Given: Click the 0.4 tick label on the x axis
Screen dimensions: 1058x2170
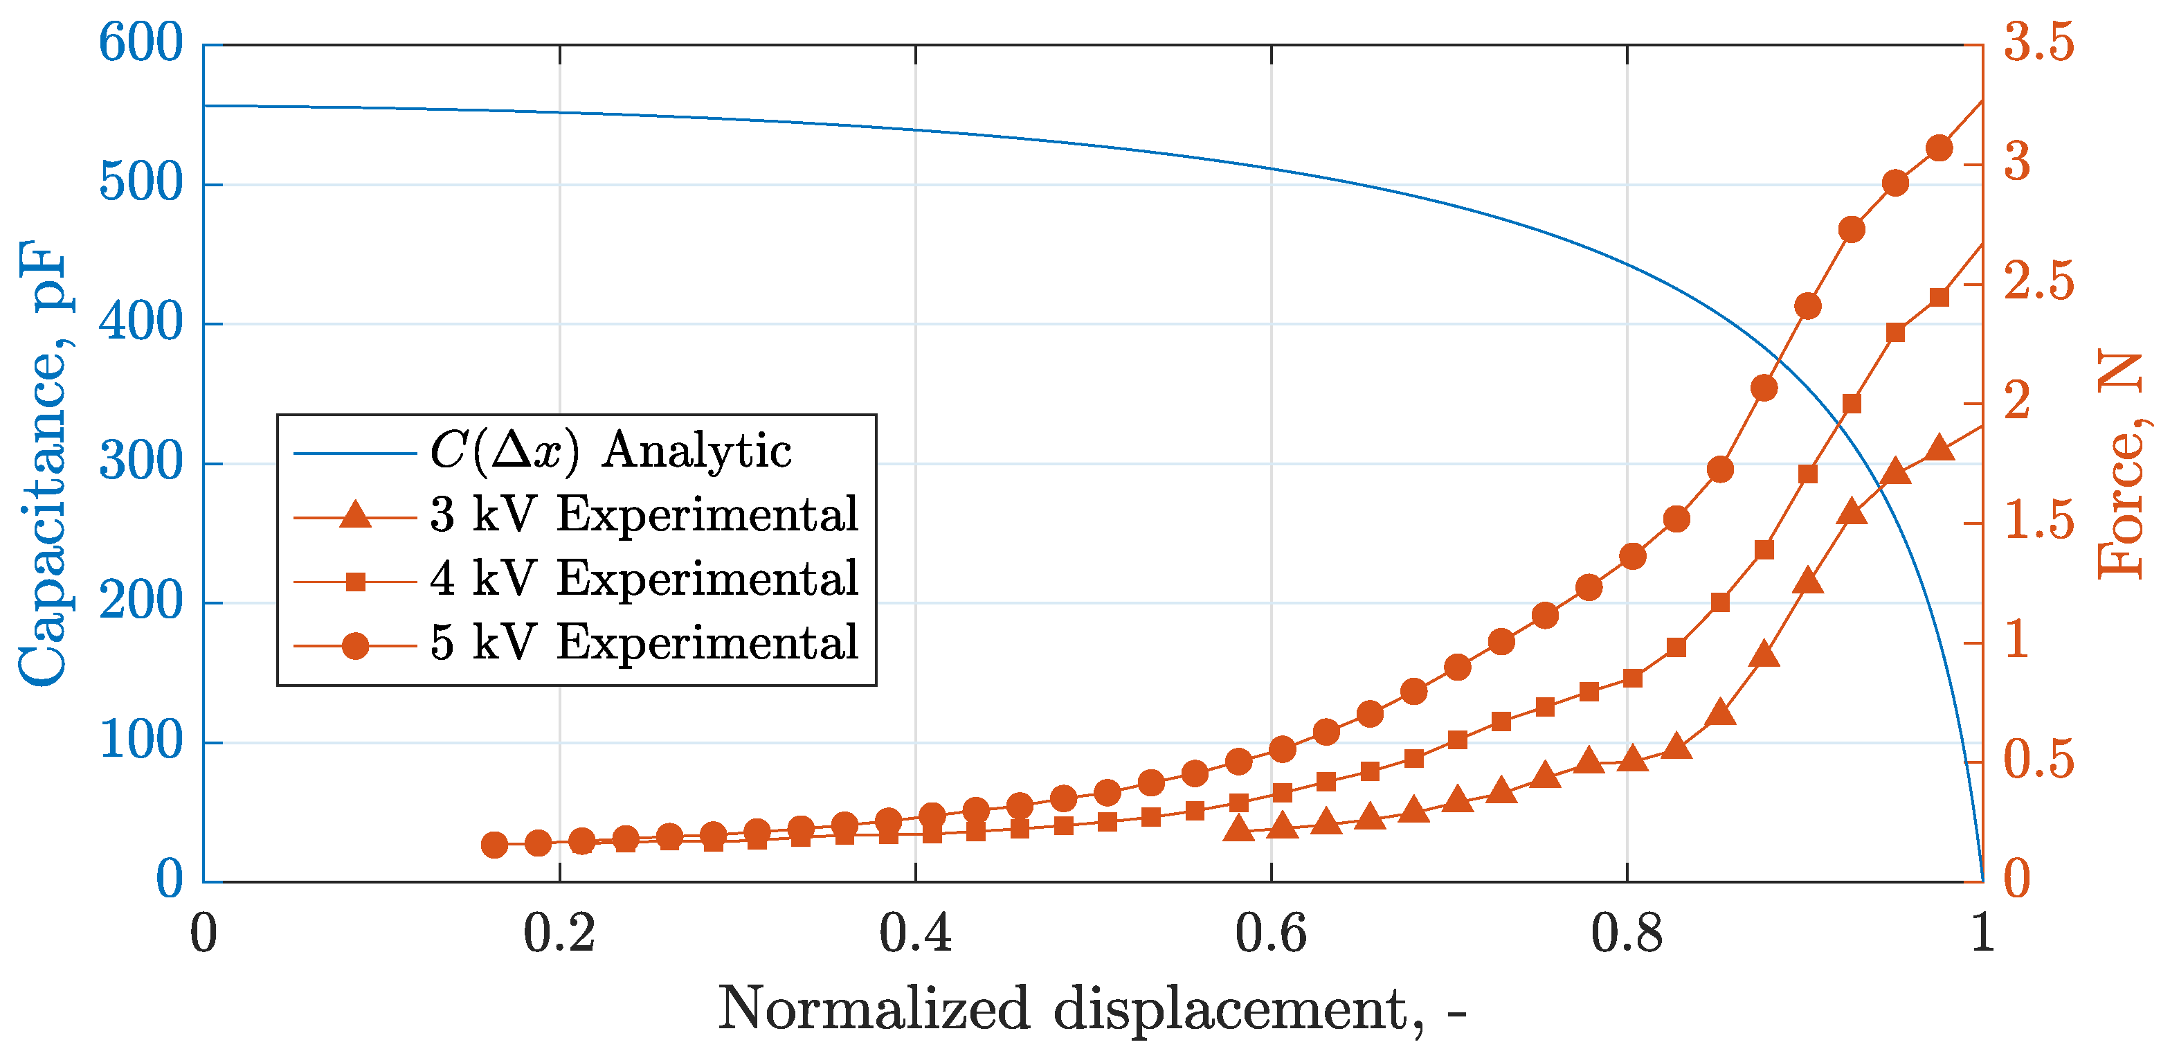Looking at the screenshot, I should (x=915, y=933).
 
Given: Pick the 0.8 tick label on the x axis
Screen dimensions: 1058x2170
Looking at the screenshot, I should (x=1627, y=933).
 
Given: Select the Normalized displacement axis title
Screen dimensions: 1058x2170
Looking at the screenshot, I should (x=1092, y=1008).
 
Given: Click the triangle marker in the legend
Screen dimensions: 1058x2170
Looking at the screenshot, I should (x=356, y=514).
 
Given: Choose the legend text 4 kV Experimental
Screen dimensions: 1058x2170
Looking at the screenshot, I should (x=644, y=579).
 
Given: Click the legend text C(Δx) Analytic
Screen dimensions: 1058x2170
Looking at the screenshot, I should (x=611, y=450).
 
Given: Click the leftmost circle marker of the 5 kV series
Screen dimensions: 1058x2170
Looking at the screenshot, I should (x=494, y=845).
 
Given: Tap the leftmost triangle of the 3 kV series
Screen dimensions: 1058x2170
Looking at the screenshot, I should (x=1238, y=829).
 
